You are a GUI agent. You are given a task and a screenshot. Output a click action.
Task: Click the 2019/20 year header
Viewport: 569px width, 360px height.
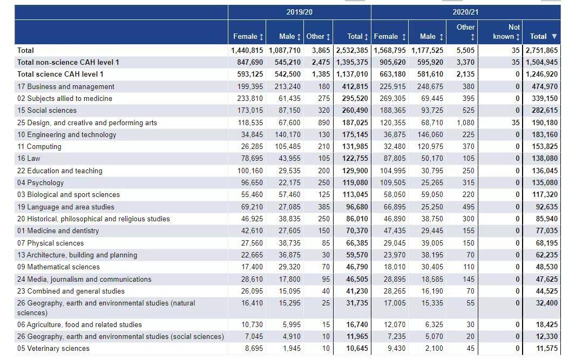tap(299, 12)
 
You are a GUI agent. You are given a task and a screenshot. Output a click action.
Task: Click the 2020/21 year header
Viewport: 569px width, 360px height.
tap(465, 12)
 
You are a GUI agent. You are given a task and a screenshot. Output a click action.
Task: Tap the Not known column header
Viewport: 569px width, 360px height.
tap(506, 31)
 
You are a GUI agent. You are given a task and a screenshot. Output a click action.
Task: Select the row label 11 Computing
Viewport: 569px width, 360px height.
tap(39, 147)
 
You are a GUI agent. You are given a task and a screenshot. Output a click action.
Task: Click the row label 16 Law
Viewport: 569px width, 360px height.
tap(29, 159)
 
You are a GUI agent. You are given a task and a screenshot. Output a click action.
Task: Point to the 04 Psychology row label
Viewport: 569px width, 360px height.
tap(40, 182)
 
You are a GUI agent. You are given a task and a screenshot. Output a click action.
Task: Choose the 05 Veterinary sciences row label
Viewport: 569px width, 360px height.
tap(53, 348)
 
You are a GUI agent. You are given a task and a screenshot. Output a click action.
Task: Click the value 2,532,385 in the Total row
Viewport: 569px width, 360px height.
tap(352, 50)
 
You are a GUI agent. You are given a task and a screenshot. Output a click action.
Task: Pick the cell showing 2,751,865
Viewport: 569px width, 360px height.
tap(541, 50)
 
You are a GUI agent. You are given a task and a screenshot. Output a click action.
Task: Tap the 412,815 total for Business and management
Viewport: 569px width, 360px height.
tap(355, 86)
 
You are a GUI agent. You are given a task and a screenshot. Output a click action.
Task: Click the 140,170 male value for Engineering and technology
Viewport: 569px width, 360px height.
tap(287, 134)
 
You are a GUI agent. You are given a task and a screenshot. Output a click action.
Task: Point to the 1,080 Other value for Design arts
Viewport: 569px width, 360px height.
tap(465, 123)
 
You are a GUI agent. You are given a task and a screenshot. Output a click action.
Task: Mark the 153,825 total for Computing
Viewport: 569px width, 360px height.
tap(545, 147)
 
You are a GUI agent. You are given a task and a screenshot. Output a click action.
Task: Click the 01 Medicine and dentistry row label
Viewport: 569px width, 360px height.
tap(58, 231)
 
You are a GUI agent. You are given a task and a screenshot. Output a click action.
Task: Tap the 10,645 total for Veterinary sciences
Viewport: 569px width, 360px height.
tap(357, 348)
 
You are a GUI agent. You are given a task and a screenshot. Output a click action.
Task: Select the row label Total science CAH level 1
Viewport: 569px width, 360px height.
tap(60, 74)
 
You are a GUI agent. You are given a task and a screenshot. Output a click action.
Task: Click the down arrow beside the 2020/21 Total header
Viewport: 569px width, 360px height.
tap(554, 36)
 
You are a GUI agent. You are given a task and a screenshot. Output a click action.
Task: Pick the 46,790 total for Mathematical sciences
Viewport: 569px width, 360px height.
tap(357, 267)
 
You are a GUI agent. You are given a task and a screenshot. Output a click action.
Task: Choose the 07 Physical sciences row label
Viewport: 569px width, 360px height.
tap(50, 243)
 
